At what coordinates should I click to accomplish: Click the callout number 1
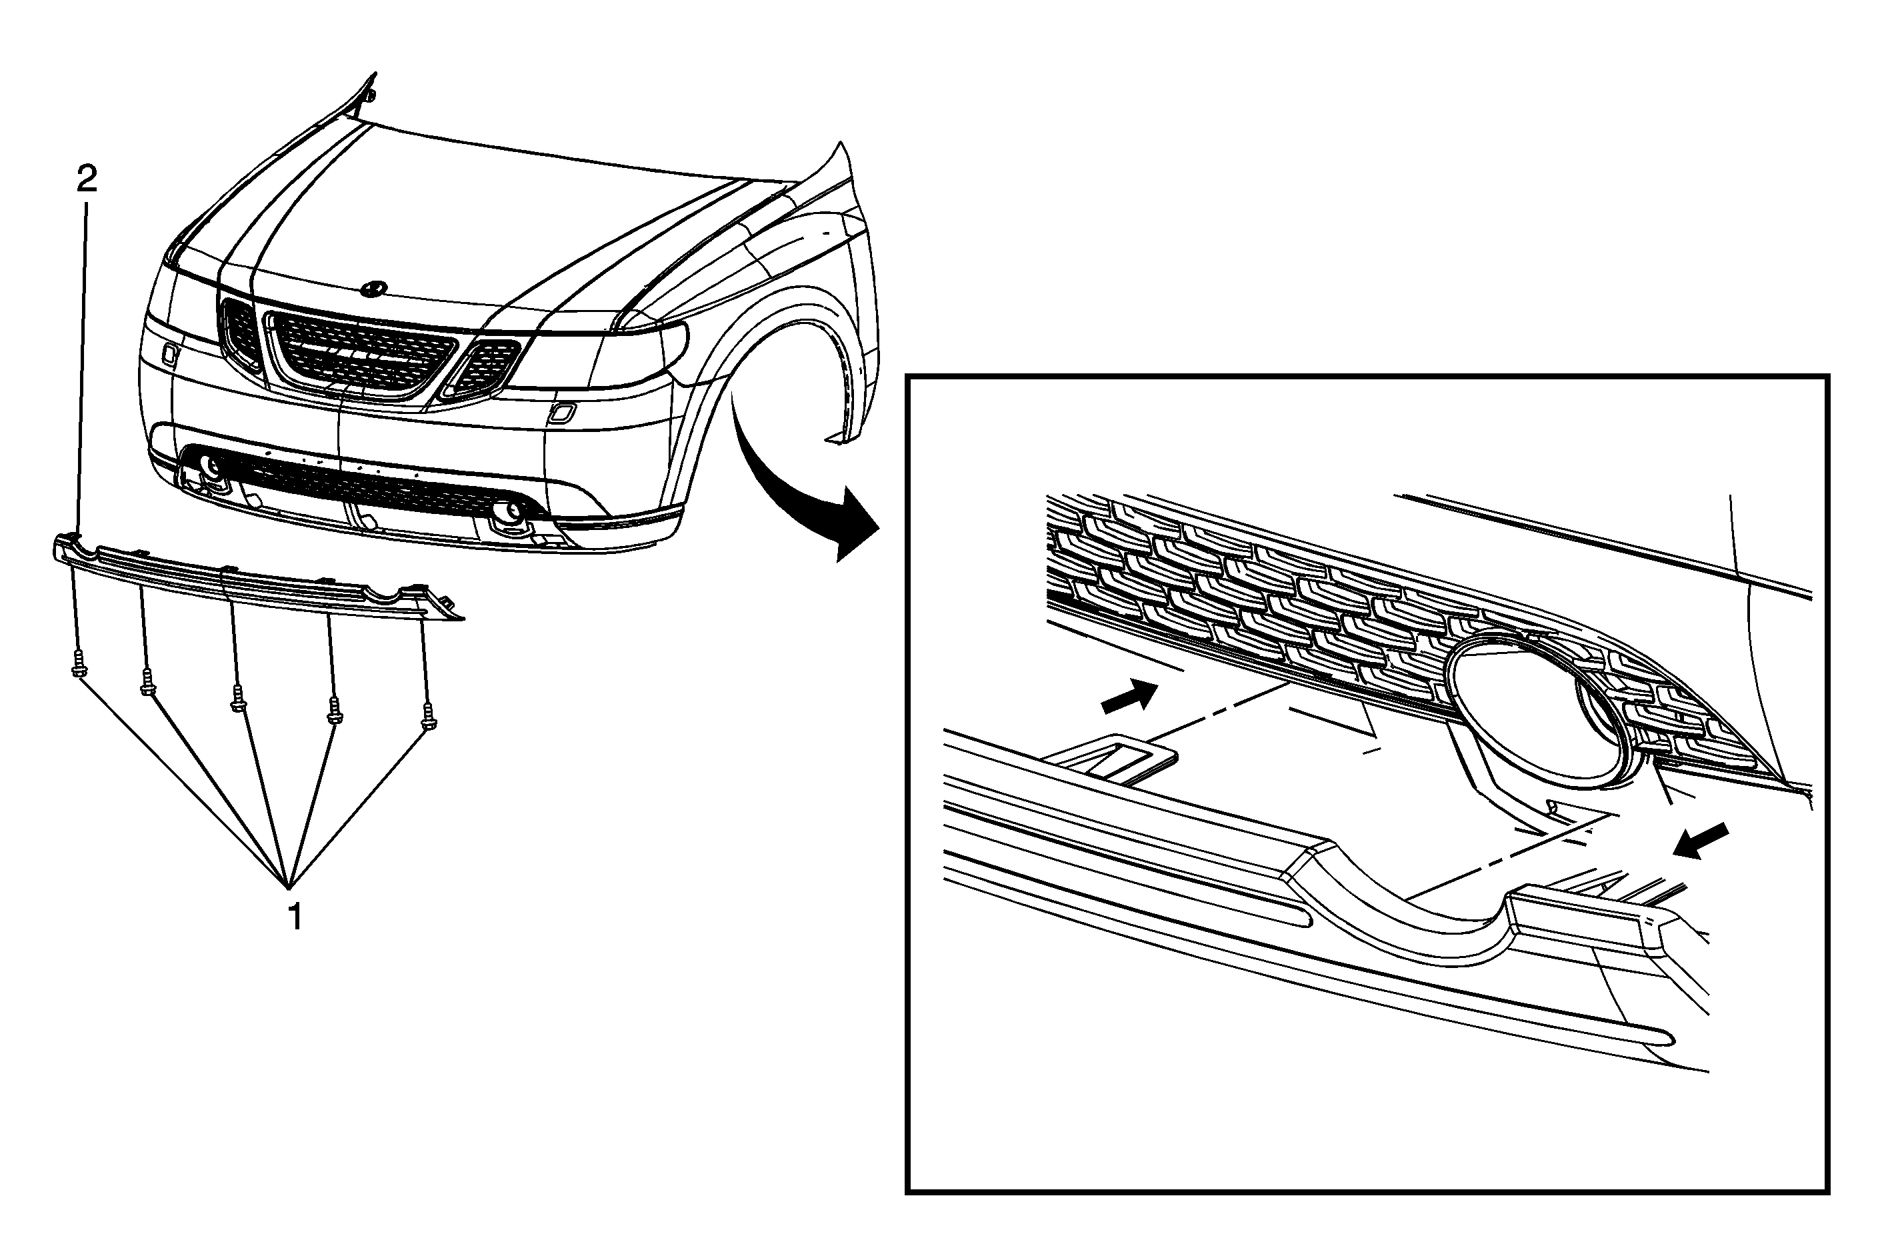pos(295,917)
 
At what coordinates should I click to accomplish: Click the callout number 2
pos(86,179)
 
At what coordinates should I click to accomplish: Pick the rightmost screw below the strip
pos(429,715)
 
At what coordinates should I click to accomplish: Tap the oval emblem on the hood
pos(373,287)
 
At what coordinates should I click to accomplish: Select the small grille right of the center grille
pos(482,368)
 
